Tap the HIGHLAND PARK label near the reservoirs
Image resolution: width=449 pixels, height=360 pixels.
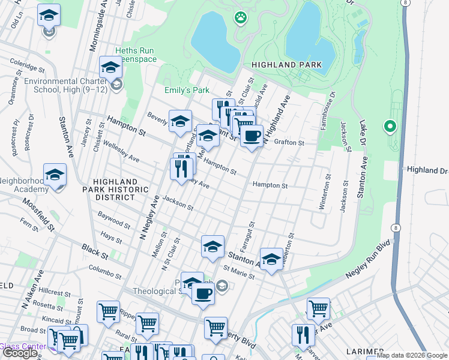(x=288, y=65)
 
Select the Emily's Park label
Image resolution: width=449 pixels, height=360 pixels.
(x=187, y=91)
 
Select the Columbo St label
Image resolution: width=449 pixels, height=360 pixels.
(x=104, y=272)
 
